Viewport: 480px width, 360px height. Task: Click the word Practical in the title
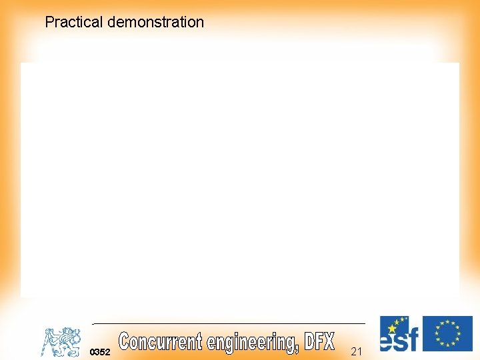73,22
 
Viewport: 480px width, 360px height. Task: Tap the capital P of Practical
49,22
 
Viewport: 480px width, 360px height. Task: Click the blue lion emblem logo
61,341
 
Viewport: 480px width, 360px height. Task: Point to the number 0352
100,351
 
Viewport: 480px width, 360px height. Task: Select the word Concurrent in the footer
160,341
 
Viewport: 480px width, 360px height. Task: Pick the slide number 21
356,351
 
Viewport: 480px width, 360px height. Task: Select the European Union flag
447,333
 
